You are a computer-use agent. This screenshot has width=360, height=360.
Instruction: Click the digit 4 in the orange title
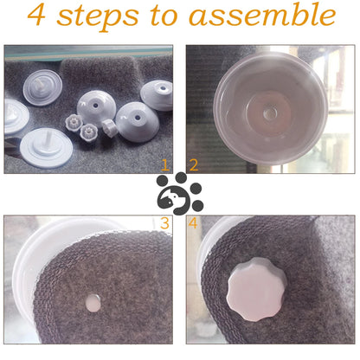click(36, 16)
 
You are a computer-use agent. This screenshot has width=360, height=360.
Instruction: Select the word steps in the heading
click(98, 17)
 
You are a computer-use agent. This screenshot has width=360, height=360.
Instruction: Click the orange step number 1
click(165, 165)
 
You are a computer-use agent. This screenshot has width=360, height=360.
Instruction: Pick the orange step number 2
click(194, 165)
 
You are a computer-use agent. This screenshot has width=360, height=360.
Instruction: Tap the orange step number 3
click(164, 223)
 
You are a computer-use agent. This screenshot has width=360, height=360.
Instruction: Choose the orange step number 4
click(192, 223)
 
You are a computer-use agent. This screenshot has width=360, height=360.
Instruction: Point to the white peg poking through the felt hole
click(93, 303)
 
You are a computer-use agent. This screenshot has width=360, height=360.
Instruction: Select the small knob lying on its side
click(110, 128)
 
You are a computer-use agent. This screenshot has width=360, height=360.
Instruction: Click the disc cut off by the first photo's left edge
click(16, 116)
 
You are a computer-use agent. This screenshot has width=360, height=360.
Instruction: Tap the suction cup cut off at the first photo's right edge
click(157, 95)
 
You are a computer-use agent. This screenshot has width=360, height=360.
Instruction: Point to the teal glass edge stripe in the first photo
click(88, 53)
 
